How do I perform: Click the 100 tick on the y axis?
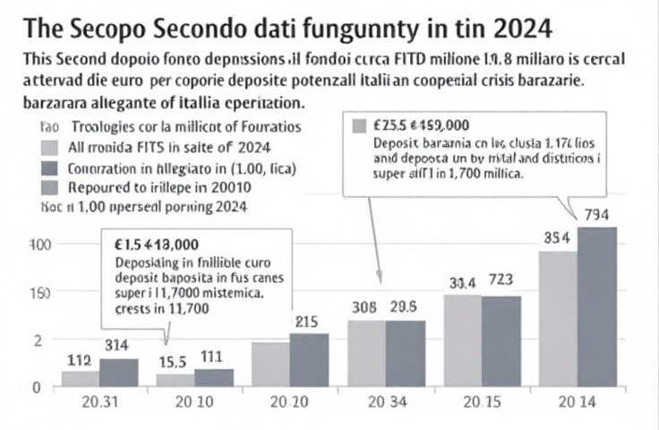[x=41, y=245]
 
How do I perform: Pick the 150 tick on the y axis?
[x=41, y=293]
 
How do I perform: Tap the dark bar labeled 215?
[x=309, y=359]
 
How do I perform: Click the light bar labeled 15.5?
[x=175, y=380]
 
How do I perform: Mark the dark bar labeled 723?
[x=501, y=340]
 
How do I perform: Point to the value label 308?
[x=365, y=306]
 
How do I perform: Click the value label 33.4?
[x=462, y=282]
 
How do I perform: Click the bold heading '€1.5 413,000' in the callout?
[x=158, y=244]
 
